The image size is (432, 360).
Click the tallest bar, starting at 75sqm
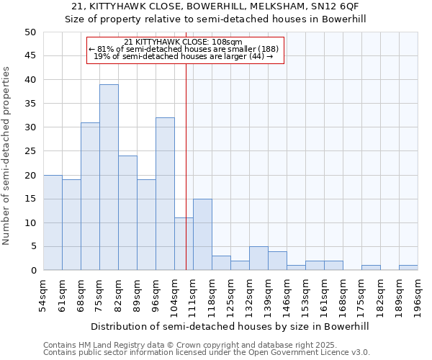(109, 177)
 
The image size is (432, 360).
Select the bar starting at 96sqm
(165, 194)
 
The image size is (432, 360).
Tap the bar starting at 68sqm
(90, 196)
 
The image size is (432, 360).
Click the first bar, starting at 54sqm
(53, 222)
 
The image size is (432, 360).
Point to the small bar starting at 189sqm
(408, 268)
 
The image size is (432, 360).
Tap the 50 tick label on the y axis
(30, 32)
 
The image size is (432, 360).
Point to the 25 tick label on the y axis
(30, 151)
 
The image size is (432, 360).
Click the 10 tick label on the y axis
(30, 222)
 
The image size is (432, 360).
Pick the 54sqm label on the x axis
(44, 295)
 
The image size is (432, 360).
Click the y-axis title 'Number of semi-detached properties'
(7, 156)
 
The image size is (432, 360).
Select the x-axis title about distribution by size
(230, 326)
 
